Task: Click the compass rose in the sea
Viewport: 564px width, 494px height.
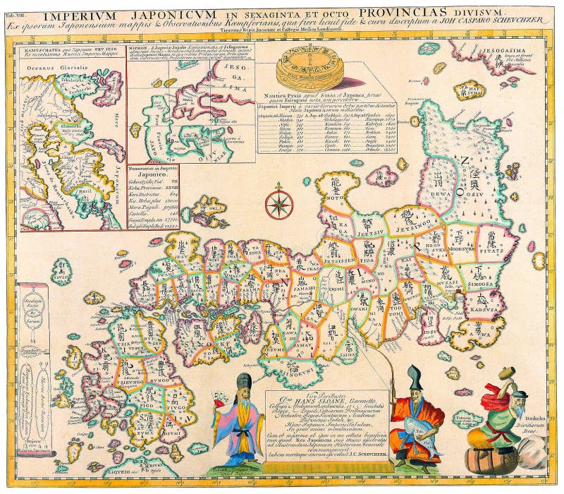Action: (280, 203)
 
